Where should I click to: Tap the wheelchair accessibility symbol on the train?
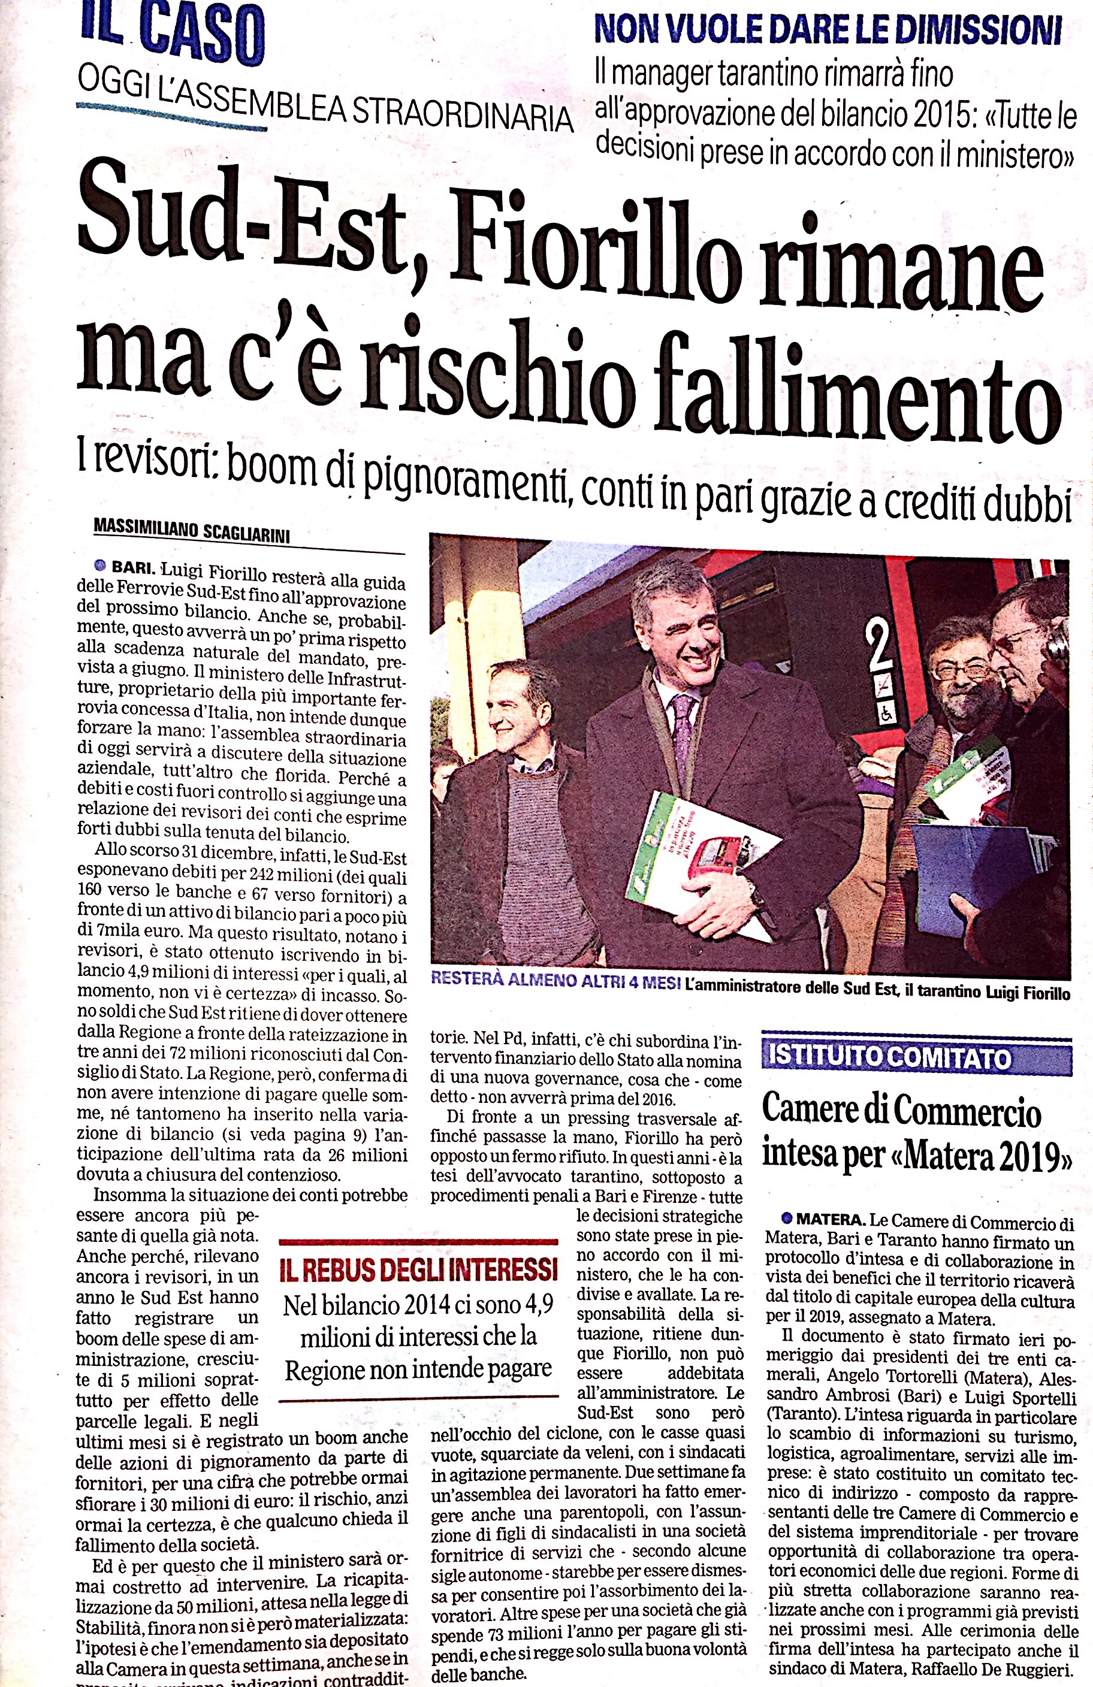point(886,716)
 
